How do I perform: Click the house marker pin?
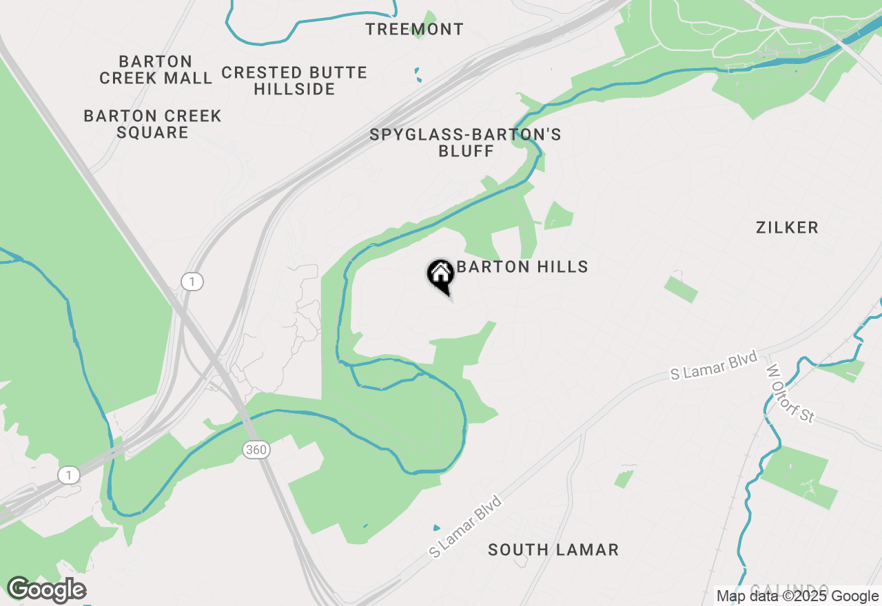tap(441, 275)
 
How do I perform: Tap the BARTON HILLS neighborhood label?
tap(522, 267)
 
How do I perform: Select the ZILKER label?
tap(787, 228)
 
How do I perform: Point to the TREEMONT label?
tap(414, 30)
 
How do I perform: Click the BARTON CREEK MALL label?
tap(156, 70)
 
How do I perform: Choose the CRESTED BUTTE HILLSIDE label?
tap(294, 81)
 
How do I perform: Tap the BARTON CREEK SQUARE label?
tap(152, 124)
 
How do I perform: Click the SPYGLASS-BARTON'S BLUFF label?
tap(466, 143)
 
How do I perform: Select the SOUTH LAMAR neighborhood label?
tap(553, 550)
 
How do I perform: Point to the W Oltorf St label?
tap(790, 393)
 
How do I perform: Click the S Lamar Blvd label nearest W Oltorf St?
tap(715, 365)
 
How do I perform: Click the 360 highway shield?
tap(256, 450)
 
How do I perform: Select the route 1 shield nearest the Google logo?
tap(68, 474)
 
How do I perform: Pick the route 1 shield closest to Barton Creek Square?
tap(192, 281)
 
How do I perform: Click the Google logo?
tap(46, 590)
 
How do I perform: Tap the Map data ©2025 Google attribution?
tap(797, 596)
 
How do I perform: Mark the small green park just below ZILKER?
tap(681, 289)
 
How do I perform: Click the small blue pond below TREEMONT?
tap(418, 74)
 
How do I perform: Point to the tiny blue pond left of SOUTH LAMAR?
tap(435, 527)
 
